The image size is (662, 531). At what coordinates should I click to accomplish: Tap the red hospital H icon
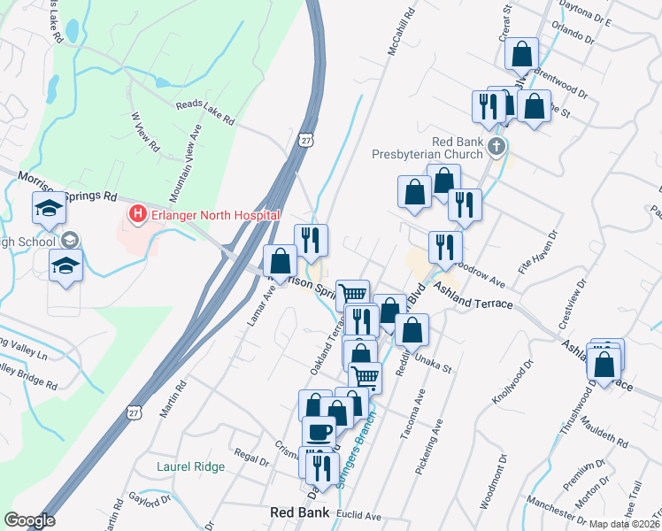click(137, 214)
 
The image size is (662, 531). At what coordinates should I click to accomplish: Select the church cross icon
click(496, 145)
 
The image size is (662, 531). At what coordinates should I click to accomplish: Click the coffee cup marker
click(319, 432)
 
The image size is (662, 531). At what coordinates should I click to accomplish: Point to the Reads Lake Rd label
click(204, 112)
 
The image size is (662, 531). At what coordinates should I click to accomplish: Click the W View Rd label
click(143, 130)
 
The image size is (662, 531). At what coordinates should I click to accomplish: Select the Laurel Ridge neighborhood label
click(190, 466)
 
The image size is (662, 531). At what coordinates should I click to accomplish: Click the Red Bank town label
click(299, 512)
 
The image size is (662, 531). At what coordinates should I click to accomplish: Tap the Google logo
click(29, 520)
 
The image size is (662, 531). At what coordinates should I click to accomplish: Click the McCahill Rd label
click(401, 35)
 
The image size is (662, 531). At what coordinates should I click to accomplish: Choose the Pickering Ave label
click(427, 450)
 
